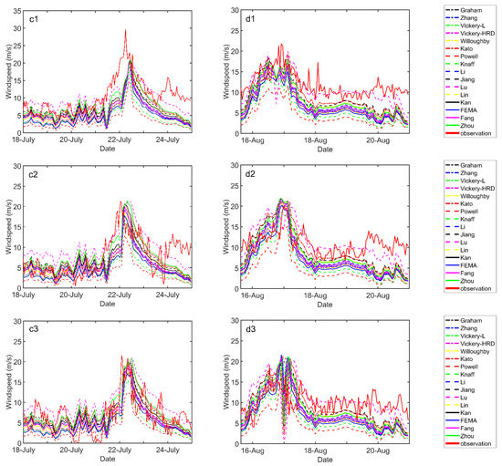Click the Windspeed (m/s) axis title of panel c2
(6, 225)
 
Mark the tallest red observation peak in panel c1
(125, 30)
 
